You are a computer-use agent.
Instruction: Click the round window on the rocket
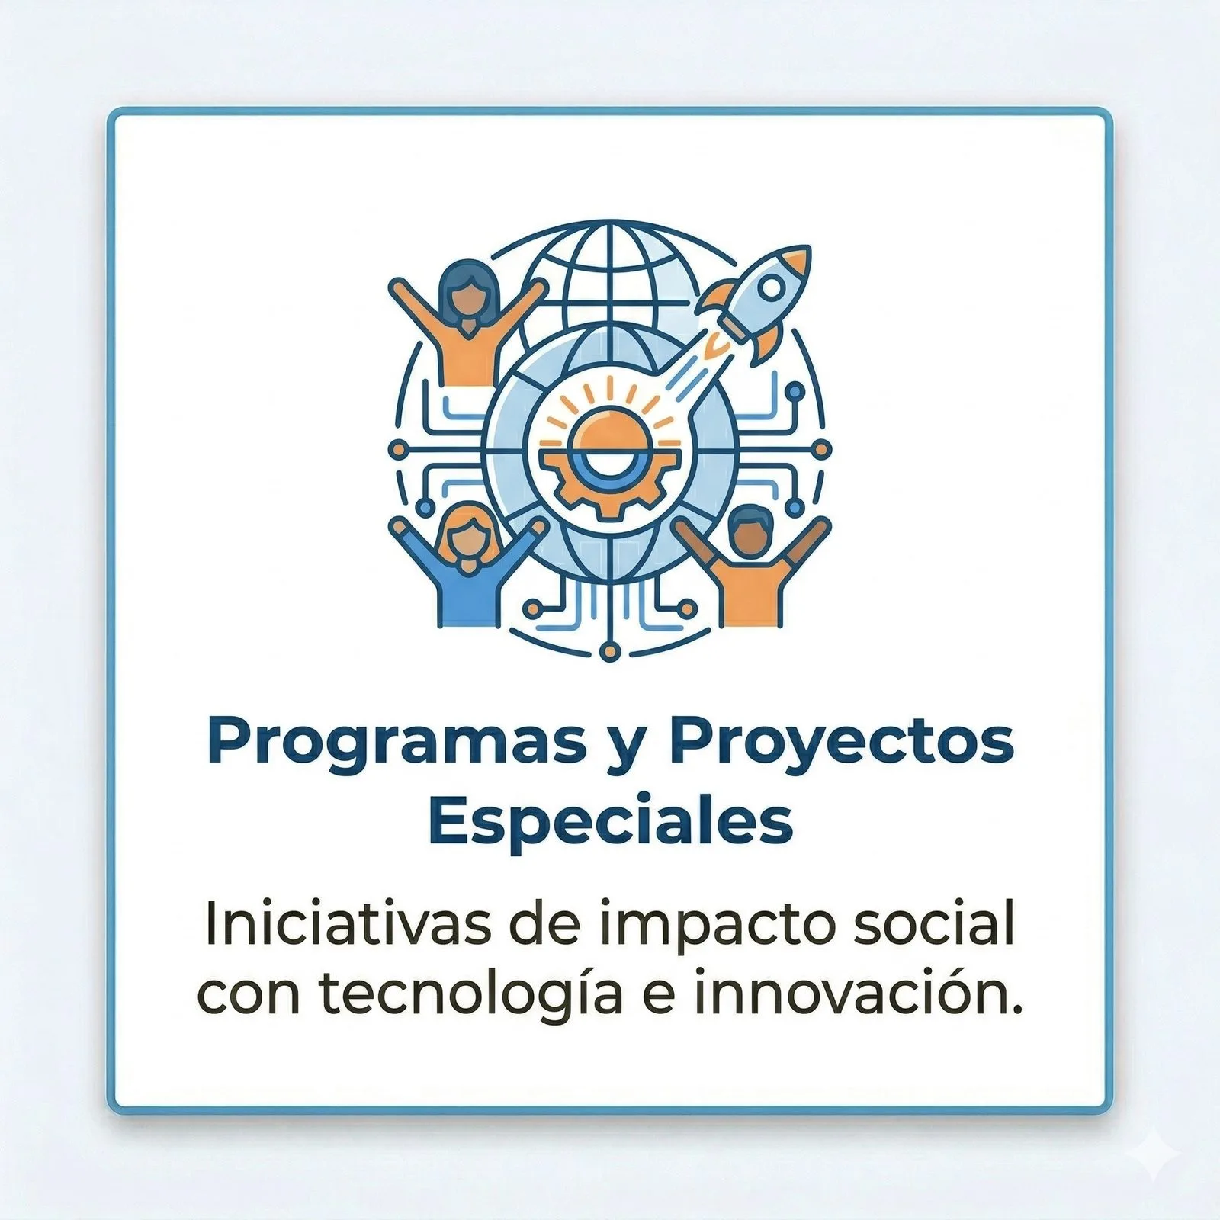[x=772, y=287]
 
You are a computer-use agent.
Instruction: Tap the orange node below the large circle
[x=608, y=650]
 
